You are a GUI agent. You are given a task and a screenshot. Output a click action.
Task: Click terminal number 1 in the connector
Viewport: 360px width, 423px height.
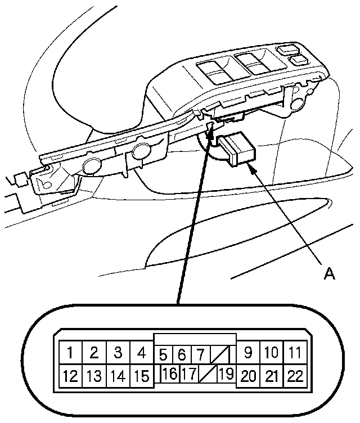tap(70, 353)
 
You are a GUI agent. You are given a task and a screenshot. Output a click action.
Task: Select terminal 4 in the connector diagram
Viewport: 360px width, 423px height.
tap(142, 353)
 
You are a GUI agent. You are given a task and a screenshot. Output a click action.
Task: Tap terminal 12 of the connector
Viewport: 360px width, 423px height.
tap(70, 375)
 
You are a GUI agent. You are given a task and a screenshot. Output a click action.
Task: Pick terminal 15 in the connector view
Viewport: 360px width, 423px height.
tap(142, 375)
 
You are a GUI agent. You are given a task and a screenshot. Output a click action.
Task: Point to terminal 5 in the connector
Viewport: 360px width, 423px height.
tap(164, 355)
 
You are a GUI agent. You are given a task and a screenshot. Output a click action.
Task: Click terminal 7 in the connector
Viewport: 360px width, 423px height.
tap(200, 355)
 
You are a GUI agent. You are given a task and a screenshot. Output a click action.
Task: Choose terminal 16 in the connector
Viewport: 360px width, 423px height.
tap(169, 372)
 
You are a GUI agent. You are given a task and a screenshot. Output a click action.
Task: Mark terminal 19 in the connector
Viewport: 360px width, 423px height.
tap(226, 372)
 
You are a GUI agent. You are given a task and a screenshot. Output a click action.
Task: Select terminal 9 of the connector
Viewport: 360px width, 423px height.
tap(248, 353)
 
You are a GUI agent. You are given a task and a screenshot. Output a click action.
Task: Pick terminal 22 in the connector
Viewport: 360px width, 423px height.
tap(295, 375)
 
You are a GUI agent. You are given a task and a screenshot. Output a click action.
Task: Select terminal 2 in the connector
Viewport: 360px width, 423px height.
tap(94, 353)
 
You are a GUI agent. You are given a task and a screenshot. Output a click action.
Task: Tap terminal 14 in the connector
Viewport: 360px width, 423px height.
tap(118, 375)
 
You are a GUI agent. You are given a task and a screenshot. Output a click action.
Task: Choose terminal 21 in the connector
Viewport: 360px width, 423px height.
tap(272, 375)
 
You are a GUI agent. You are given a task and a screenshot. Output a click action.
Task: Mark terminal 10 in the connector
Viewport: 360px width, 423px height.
tap(272, 353)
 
